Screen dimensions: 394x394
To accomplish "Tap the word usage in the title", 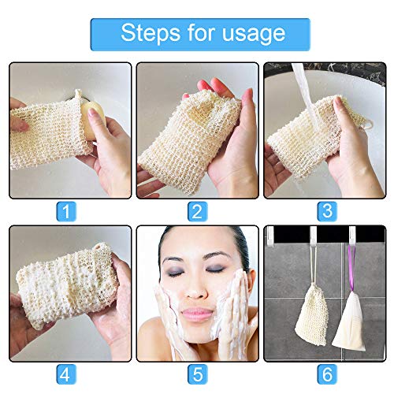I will [250, 34].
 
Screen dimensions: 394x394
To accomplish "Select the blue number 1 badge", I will [69, 210].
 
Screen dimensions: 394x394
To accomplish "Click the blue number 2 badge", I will [197, 210].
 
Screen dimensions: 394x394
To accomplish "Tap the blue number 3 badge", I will [325, 210].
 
